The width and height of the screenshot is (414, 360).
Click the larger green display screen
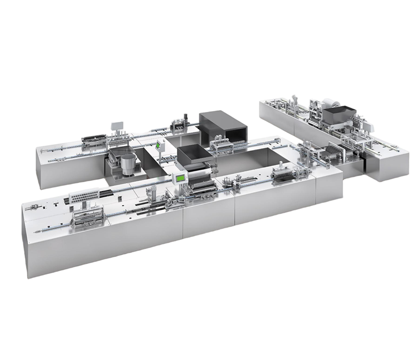(x=180, y=178)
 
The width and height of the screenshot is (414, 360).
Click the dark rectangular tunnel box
(x=223, y=126)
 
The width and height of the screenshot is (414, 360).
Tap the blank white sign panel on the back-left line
(x=117, y=126)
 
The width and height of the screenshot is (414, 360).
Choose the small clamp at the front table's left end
(x=33, y=208)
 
